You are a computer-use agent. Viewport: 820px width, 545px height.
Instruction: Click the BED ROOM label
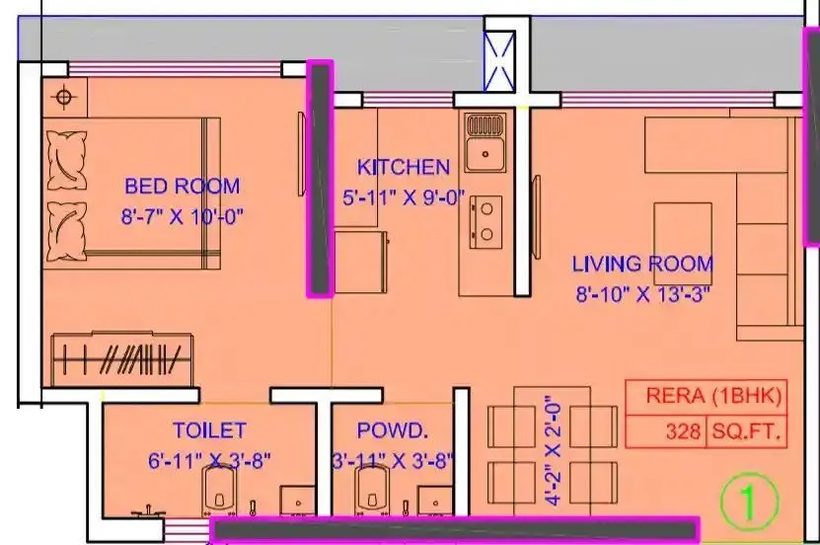(x=182, y=186)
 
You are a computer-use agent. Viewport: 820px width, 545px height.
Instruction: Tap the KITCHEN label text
(x=403, y=168)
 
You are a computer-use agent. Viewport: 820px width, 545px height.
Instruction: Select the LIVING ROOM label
(x=642, y=264)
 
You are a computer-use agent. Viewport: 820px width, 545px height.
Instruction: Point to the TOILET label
(x=208, y=430)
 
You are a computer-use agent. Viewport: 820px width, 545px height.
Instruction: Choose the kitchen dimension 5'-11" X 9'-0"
(x=403, y=198)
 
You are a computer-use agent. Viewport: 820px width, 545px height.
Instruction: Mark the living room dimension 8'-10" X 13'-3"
(x=643, y=294)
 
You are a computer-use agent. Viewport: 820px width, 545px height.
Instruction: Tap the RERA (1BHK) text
(x=713, y=397)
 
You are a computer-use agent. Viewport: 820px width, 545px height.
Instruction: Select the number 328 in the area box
(x=682, y=431)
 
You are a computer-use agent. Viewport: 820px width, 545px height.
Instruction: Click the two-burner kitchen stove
(x=485, y=222)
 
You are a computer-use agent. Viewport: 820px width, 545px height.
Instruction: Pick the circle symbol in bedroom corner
(x=65, y=98)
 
